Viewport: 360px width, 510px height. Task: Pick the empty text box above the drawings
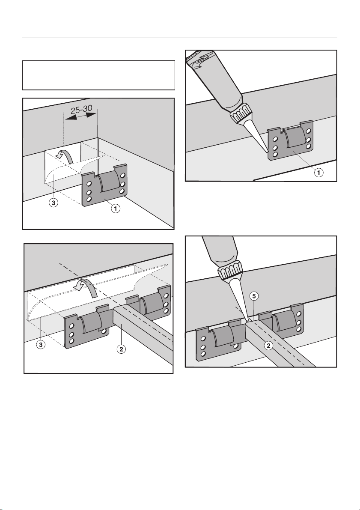pyautogui.click(x=98, y=75)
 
